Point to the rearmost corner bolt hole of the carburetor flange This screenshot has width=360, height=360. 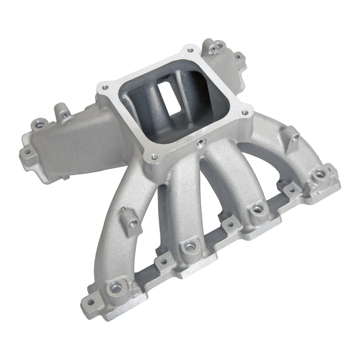click(191, 50)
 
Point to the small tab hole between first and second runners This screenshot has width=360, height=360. click(164, 262)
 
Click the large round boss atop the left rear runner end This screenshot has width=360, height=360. click(37, 124)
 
